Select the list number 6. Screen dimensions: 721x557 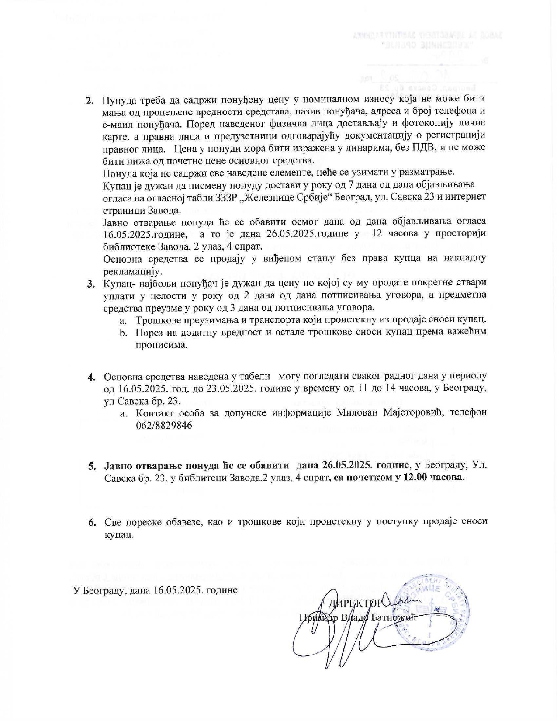[92, 522]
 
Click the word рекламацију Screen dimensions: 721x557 [130, 271]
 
